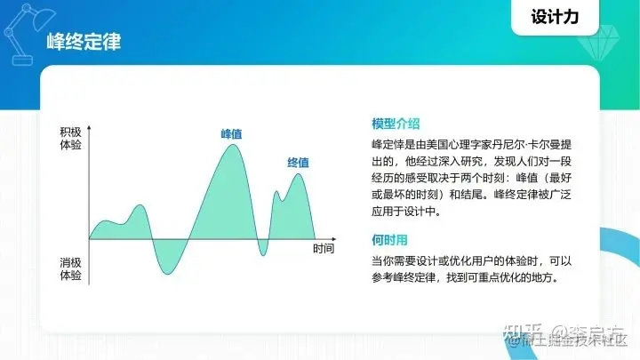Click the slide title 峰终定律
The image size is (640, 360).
[x=84, y=42]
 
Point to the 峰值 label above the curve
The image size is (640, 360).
[x=232, y=134]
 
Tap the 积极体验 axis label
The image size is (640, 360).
[x=71, y=138]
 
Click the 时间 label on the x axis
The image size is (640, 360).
[x=324, y=249]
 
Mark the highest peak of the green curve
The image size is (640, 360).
[x=232, y=145]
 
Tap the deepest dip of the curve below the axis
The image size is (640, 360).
[x=166, y=273]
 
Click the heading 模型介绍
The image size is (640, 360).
[x=396, y=124]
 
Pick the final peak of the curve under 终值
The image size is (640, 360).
[x=299, y=174]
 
